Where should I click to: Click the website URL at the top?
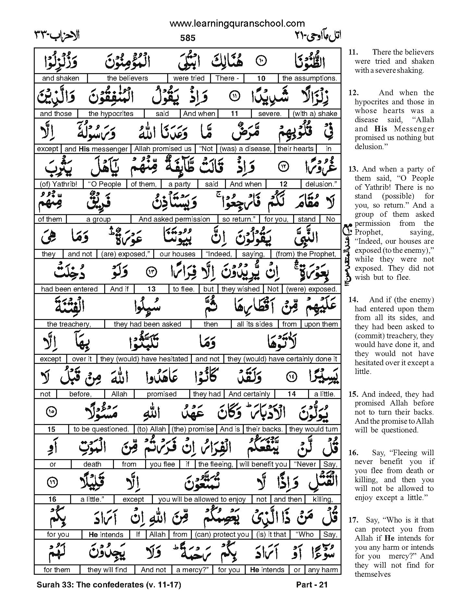pos(237,23)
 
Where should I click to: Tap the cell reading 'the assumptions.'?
pos(309,78)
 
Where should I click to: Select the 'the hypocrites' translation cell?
pos(111,114)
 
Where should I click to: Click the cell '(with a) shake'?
pos(315,114)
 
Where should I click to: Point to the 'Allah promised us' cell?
pos(163,149)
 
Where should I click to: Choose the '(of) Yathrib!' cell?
pos(58,184)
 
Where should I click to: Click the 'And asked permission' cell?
pos(174,219)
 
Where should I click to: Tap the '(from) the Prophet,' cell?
pos(305,254)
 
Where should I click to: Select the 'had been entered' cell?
pos(69,289)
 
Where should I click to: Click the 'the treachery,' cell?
pos(69,324)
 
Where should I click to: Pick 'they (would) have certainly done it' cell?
pos(282,359)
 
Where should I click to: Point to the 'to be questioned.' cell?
pos(101,429)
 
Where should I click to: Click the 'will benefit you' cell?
pos(263,464)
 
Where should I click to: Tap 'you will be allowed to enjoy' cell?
pos(202,499)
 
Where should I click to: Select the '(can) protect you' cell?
pos(222,534)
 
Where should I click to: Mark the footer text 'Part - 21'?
pos(312,585)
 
